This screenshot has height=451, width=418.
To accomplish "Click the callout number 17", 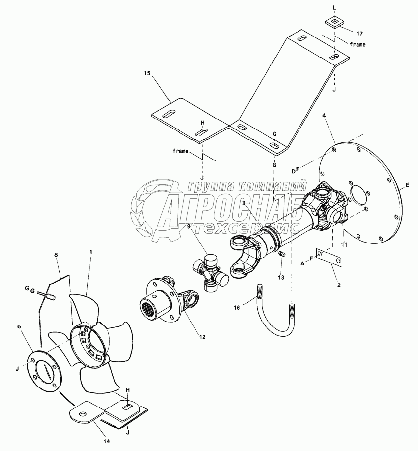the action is point(359,34).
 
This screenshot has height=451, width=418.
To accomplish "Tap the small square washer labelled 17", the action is point(334,23).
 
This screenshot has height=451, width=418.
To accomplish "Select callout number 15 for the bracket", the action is point(147,73).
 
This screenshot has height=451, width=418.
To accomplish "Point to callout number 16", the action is point(237,308).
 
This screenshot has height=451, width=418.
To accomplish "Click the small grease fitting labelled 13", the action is point(282,254).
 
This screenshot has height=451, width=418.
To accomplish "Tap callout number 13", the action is point(281,277).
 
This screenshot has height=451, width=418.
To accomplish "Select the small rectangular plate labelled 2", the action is point(329,257).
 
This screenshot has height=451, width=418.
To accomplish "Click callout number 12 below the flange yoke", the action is point(202,337).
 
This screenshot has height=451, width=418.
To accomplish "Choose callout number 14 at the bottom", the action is point(107,441).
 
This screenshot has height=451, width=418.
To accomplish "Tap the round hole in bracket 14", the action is point(83,414).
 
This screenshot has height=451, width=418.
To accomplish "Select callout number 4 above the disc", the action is point(324,115).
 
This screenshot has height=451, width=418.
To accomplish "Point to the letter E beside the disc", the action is point(407,185).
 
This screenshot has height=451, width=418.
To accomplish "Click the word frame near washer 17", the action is point(358,44).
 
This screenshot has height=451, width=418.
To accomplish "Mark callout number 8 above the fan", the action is point(56,255).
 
